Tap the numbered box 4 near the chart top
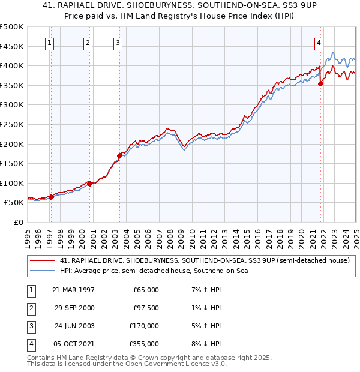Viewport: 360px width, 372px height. (318, 43)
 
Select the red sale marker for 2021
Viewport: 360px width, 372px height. (321, 83)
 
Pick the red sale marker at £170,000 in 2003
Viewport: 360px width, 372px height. (119, 156)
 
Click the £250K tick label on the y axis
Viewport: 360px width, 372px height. (12, 124)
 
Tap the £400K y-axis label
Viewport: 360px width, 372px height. (12, 65)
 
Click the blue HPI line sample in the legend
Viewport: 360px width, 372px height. (43, 271)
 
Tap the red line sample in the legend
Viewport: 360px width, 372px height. (43, 260)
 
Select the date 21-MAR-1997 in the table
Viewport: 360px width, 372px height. (73, 290)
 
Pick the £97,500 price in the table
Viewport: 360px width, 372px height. (146, 308)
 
